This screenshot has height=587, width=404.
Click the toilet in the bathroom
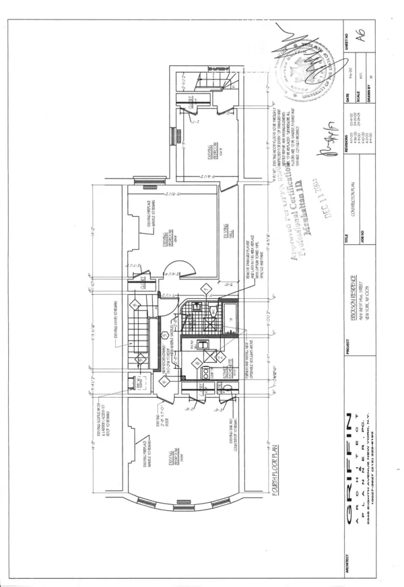(x=210, y=310)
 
